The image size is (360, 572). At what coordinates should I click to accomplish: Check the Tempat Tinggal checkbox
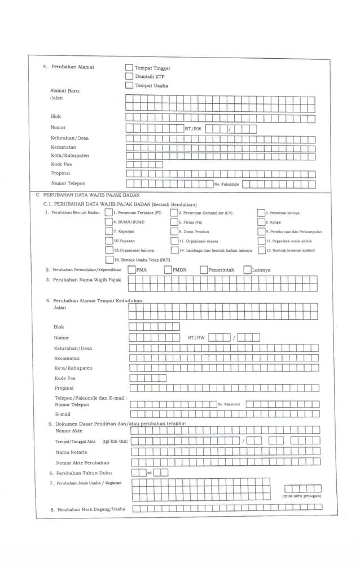click(129, 68)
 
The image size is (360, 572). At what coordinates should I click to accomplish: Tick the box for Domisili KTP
click(129, 76)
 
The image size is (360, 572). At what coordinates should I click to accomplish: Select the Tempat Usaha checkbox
click(129, 85)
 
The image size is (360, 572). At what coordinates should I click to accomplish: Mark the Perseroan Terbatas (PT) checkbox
click(108, 213)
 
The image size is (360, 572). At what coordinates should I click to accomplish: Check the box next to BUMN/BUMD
click(108, 222)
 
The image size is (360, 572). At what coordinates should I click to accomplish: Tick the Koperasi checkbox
click(108, 232)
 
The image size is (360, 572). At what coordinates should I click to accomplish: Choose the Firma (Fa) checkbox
click(174, 222)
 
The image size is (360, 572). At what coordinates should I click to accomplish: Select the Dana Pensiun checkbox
click(174, 232)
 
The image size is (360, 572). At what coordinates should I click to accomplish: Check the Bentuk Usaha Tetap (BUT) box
click(108, 259)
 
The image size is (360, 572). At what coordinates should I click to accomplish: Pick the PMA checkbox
click(131, 270)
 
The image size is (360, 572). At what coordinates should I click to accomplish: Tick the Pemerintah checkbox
click(204, 270)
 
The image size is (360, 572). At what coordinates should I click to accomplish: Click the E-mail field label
click(62, 414)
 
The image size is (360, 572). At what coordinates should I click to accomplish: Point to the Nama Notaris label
click(71, 452)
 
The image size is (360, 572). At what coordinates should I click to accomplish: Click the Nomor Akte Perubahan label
click(82, 462)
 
